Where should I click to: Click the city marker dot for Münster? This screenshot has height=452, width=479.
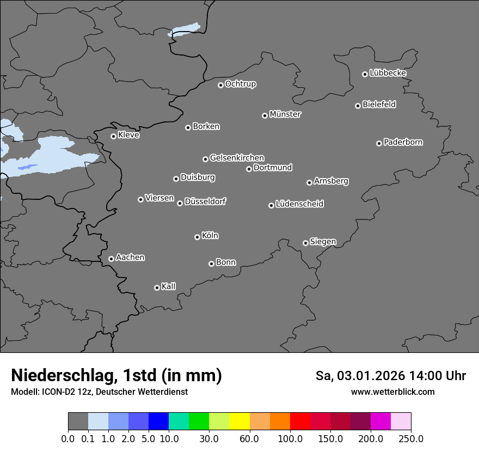pyautogui.click(x=265, y=115)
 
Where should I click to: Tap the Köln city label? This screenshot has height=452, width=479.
pyautogui.click(x=210, y=236)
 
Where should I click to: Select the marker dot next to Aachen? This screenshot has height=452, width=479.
pyautogui.click(x=111, y=259)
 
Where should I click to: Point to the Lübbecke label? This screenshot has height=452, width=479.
pyautogui.click(x=388, y=73)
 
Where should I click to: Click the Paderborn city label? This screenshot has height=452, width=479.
pyautogui.click(x=403, y=142)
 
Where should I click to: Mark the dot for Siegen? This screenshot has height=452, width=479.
pyautogui.click(x=305, y=243)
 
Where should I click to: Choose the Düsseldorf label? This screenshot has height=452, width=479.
pyautogui.click(x=205, y=201)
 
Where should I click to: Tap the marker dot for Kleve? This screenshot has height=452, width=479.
pyautogui.click(x=113, y=136)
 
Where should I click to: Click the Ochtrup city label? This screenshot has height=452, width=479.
pyautogui.click(x=240, y=84)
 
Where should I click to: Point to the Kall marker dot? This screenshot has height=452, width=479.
pyautogui.click(x=157, y=288)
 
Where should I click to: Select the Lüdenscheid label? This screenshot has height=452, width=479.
pyautogui.click(x=299, y=204)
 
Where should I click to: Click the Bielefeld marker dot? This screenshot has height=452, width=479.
pyautogui.click(x=358, y=106)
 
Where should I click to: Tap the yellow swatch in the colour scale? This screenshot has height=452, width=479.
pyautogui.click(x=239, y=421)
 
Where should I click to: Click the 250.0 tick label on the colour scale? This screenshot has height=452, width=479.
pyautogui.click(x=411, y=439)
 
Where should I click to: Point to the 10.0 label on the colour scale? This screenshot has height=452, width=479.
pyautogui.click(x=169, y=439)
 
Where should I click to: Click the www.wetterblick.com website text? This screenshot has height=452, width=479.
pyautogui.click(x=393, y=392)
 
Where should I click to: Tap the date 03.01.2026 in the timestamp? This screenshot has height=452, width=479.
pyautogui.click(x=369, y=376)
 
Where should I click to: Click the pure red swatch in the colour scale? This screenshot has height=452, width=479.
pyautogui.click(x=300, y=421)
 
